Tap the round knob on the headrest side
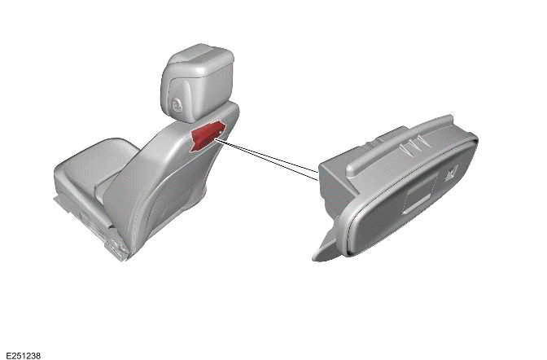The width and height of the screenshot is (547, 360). (177, 103)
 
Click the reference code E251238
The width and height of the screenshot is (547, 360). (22, 355)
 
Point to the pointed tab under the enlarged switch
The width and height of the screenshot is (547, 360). (326, 248)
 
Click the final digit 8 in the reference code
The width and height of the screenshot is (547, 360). (37, 355)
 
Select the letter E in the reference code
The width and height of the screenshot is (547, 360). (7, 355)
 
